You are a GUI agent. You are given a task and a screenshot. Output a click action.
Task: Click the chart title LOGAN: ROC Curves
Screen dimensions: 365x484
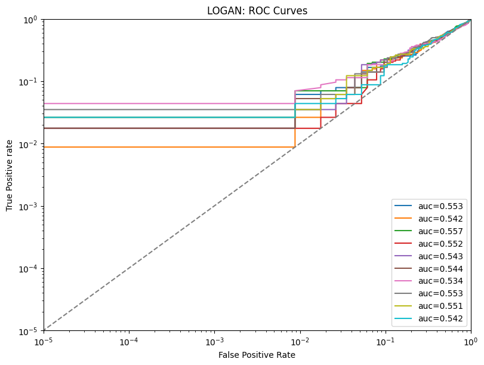coord(257,11)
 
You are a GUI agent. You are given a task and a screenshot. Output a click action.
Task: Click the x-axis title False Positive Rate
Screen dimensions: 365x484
coord(257,355)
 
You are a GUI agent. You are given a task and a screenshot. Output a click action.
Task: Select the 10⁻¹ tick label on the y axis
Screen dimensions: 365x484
coord(27,82)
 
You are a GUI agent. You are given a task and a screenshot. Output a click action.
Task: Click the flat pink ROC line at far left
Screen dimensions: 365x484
coord(149,103)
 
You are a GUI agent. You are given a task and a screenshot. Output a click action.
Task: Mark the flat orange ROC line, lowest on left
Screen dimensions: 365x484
coord(149,147)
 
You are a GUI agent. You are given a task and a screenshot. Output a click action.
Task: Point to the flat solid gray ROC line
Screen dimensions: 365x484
coord(149,109)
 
